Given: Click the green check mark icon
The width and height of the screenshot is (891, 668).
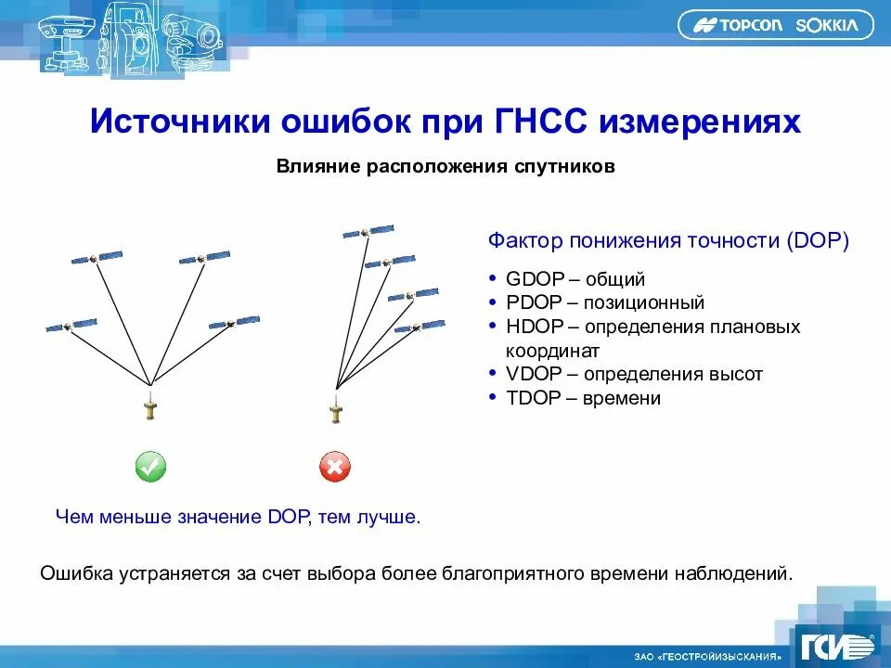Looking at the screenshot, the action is (149, 467).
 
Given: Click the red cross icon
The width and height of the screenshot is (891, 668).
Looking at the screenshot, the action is (334, 467).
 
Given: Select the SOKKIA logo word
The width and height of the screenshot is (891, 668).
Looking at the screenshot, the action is (826, 26).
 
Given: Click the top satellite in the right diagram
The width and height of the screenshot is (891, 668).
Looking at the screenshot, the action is (368, 230).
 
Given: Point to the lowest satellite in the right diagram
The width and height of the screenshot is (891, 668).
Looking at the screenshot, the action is (419, 327).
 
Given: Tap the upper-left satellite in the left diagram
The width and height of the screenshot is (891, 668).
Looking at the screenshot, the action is (98, 257).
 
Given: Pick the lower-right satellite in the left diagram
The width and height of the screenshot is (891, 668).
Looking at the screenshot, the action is (234, 322).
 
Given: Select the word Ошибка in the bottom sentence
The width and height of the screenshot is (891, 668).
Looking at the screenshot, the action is (78, 572).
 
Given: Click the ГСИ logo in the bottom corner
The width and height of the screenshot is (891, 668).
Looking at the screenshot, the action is (836, 645).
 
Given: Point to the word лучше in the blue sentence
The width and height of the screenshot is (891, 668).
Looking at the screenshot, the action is (388, 517).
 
